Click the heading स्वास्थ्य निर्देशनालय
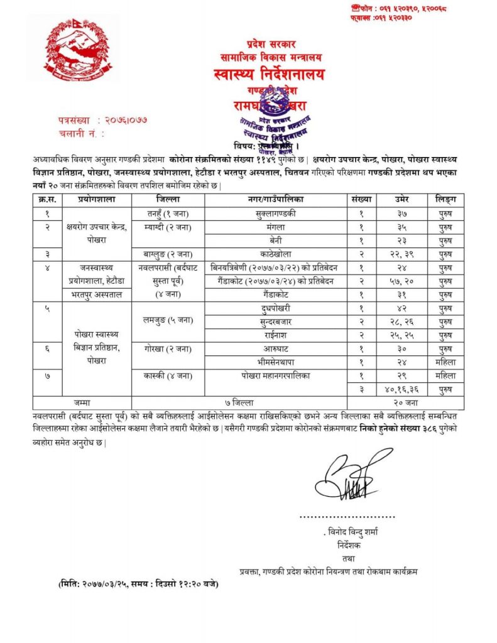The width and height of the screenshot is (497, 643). [270, 75]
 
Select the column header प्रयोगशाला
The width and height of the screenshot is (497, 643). [97, 199]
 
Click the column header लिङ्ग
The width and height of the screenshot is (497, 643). [445, 199]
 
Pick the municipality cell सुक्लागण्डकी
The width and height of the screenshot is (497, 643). [276, 213]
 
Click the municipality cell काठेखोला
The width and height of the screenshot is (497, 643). [276, 254]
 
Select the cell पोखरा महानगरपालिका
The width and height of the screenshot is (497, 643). [276, 375]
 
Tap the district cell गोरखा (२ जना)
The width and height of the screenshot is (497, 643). [168, 348]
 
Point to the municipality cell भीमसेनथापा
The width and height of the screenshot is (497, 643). [276, 362]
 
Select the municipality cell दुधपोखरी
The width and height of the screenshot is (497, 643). [276, 308]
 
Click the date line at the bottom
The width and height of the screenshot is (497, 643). [134, 583]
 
